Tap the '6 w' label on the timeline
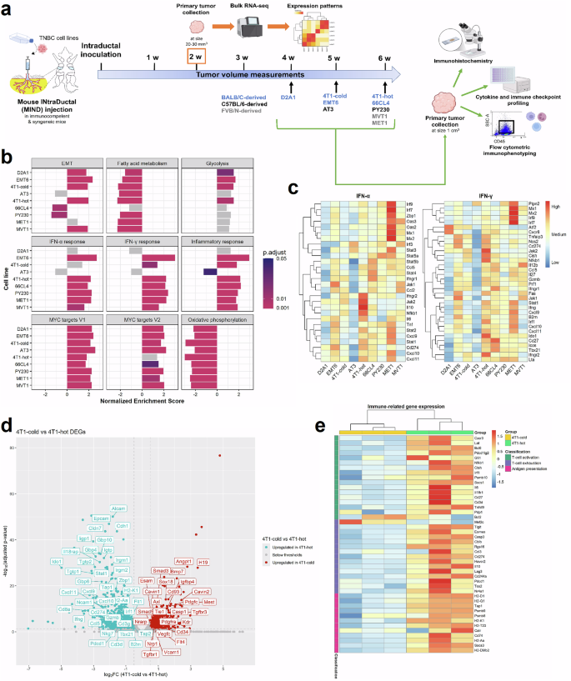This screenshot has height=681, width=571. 384,58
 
